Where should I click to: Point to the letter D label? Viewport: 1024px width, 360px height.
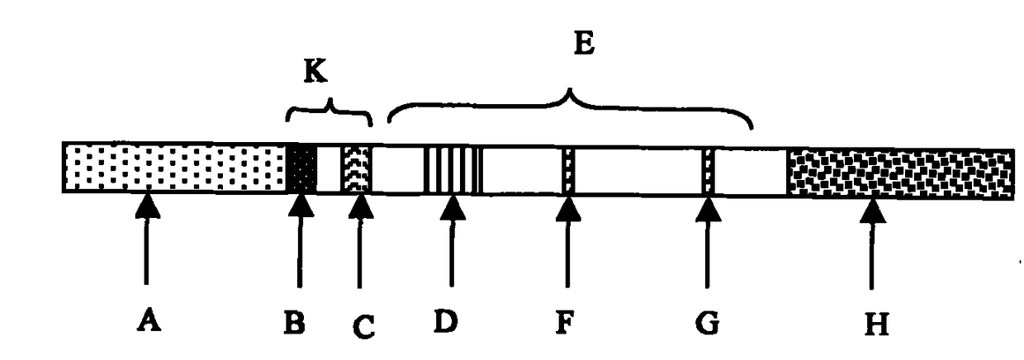point(447,320)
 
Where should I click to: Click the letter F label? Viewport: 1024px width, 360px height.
point(565,320)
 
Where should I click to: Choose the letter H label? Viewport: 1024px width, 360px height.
point(877,324)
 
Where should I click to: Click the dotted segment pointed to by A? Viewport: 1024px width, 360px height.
point(173,168)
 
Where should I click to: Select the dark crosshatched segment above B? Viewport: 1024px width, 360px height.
point(301,168)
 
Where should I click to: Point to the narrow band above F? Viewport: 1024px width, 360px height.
point(567,172)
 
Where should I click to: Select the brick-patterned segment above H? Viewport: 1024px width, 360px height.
point(900,174)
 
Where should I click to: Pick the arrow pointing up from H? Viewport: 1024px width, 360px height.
point(873,248)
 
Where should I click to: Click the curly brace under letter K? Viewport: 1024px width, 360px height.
point(329,110)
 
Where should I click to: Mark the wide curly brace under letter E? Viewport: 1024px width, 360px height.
point(570,106)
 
